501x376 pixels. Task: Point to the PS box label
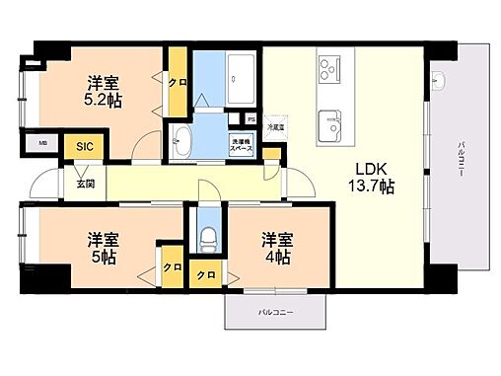coord(251,120)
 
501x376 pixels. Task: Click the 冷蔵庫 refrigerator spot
coord(278,125)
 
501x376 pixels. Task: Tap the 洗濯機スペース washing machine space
coord(242,144)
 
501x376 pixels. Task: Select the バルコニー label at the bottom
coord(275,311)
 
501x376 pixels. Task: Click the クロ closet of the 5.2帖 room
coord(179,84)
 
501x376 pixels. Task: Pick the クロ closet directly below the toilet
coord(208,273)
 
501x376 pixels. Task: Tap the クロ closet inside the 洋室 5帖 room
coord(172,267)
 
